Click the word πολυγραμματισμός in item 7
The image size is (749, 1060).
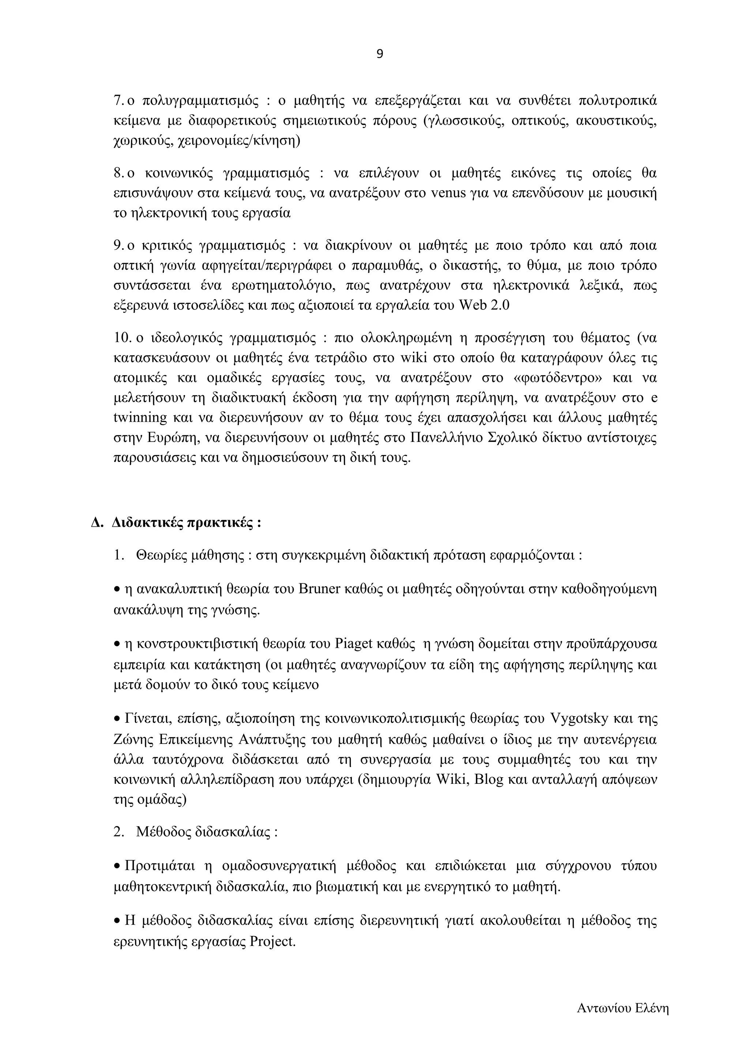199,100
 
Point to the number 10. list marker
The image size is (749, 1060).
123,338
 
